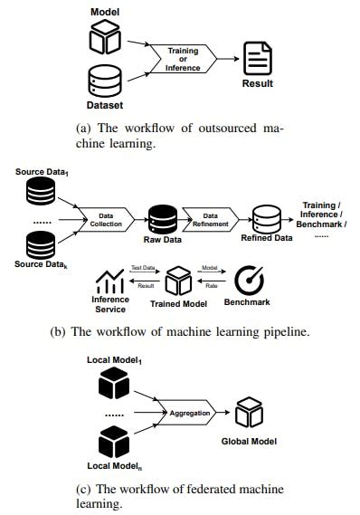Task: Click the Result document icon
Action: tap(258, 58)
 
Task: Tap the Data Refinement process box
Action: tap(211, 218)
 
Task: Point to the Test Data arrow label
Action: tap(143, 269)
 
